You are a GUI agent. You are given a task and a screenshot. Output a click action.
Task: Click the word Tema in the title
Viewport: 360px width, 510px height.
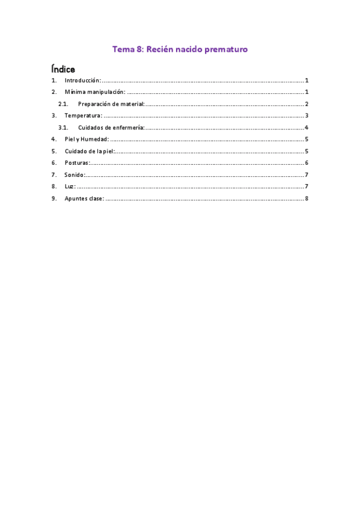pyautogui.click(x=123, y=49)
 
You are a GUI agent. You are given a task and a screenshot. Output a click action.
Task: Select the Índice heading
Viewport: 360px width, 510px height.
pyautogui.click(x=63, y=69)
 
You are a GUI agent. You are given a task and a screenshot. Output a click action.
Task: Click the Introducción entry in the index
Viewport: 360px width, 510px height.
pyautogui.click(x=82, y=81)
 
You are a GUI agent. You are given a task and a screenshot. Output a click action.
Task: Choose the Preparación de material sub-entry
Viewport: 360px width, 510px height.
pyautogui.click(x=111, y=104)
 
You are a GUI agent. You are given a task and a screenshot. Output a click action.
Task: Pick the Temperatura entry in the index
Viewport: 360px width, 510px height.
pyautogui.click(x=83, y=115)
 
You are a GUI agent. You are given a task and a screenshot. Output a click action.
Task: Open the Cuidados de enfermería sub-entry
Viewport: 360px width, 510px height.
pyautogui.click(x=111, y=127)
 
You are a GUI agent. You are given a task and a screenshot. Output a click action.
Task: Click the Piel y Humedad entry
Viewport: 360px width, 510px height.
pyautogui.click(x=87, y=139)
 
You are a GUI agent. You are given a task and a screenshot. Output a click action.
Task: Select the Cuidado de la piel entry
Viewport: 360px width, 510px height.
pyautogui.click(x=90, y=151)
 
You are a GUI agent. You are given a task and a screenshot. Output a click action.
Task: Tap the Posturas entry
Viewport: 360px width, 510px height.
pyautogui.click(x=77, y=162)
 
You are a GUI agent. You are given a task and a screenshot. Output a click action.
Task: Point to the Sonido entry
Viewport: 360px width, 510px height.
pyautogui.click(x=75, y=174)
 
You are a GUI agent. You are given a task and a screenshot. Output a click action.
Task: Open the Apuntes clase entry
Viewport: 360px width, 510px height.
pyautogui.click(x=84, y=198)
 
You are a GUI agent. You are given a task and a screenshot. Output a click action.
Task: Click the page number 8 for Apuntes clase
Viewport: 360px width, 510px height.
pyautogui.click(x=307, y=198)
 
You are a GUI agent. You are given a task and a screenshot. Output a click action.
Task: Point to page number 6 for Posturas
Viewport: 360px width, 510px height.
pyautogui.click(x=307, y=162)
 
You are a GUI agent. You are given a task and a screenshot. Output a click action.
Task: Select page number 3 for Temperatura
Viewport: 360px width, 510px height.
pyautogui.click(x=307, y=115)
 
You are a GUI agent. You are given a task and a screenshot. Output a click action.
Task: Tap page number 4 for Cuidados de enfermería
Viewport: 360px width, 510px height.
pyautogui.click(x=307, y=127)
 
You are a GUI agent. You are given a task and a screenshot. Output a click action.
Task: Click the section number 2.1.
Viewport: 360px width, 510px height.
pyautogui.click(x=63, y=104)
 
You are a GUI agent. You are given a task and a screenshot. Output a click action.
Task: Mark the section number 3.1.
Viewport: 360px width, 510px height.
pyautogui.click(x=63, y=127)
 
